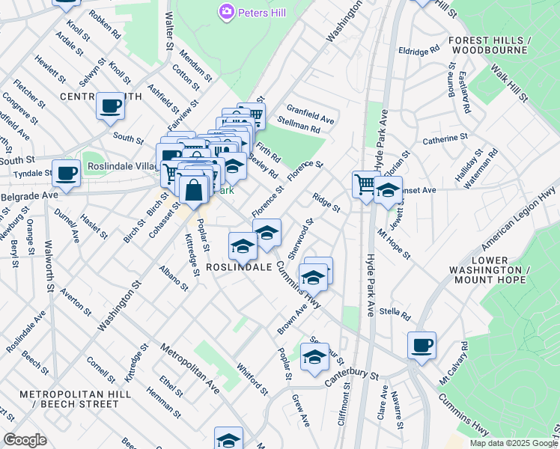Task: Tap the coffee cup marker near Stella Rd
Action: pyautogui.click(x=421, y=345)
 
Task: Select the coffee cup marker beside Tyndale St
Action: pyautogui.click(x=66, y=173)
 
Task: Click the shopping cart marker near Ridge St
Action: pyautogui.click(x=365, y=183)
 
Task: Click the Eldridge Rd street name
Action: pyautogui.click(x=419, y=52)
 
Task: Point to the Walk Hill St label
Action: pyautogui.click(x=511, y=82)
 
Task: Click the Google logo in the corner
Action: pyautogui.click(x=25, y=440)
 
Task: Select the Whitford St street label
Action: pyautogui.click(x=252, y=379)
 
